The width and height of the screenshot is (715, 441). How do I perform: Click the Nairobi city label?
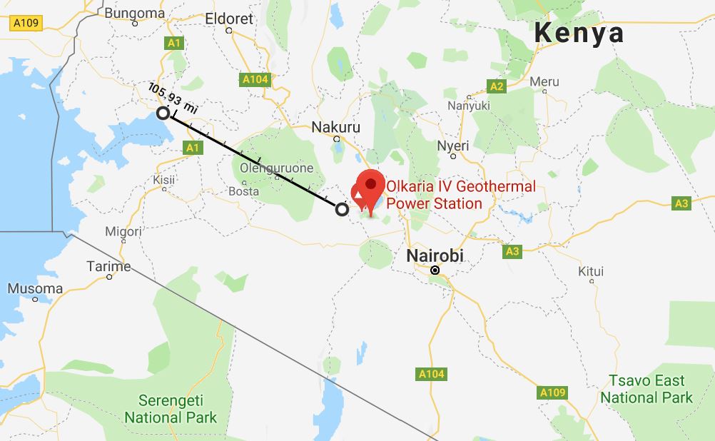click(x=435, y=255)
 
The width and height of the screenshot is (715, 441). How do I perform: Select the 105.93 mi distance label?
click(x=172, y=97)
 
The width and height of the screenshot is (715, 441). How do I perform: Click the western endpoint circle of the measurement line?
click(x=163, y=113)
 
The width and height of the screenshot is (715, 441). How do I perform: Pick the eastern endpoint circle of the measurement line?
click(x=342, y=209)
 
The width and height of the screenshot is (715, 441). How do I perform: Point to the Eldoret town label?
click(x=229, y=19)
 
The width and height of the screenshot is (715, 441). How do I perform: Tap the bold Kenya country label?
click(x=579, y=32)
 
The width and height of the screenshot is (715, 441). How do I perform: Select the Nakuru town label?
click(x=336, y=127)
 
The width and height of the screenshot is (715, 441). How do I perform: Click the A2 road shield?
click(x=497, y=86)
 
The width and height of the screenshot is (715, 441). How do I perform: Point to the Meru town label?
click(x=544, y=82)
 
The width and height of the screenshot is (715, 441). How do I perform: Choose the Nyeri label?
click(x=453, y=146)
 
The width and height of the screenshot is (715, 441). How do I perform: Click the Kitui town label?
click(x=592, y=271)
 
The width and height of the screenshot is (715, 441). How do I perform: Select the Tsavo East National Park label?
click(x=646, y=389)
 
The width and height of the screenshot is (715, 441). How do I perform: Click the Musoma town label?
click(x=36, y=288)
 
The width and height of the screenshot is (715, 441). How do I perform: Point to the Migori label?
click(x=123, y=231)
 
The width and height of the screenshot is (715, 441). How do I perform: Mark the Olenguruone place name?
click(x=276, y=168)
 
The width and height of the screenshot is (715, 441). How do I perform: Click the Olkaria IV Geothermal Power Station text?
click(x=460, y=196)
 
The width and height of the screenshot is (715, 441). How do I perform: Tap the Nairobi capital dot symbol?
click(x=434, y=270)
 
